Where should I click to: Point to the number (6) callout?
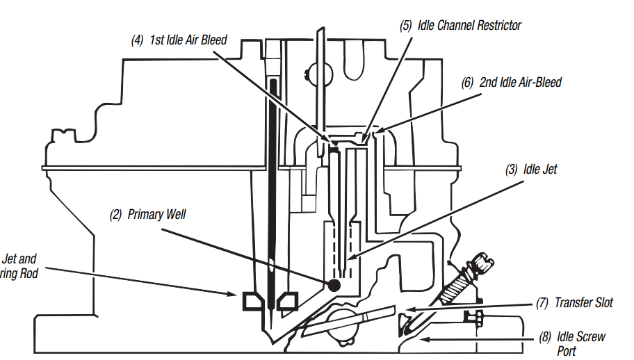468,82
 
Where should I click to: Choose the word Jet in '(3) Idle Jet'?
548,169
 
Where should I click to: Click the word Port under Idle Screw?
569,351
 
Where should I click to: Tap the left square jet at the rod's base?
252,302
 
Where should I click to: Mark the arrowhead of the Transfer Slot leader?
408,309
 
